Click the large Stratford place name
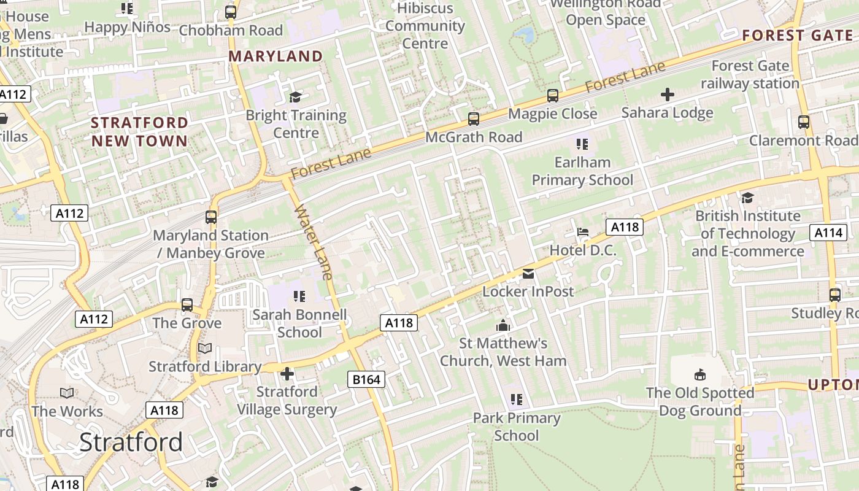[x=131, y=442]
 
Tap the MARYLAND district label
[x=275, y=56]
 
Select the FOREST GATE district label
[x=797, y=36]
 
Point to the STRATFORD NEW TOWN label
[x=139, y=131]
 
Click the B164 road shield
[x=367, y=380]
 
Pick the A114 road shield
[x=828, y=233]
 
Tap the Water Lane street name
[x=314, y=242]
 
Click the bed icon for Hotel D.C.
[x=583, y=232]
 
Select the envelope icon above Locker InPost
[x=528, y=274]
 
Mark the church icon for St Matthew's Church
[x=503, y=325]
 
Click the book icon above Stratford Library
[x=205, y=349]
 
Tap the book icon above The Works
[x=67, y=393]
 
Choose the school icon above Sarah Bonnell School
[x=299, y=297]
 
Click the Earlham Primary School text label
[x=582, y=171]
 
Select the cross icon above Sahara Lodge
[x=667, y=95]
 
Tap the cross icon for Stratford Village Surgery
[x=287, y=373]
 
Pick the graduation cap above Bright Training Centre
[x=296, y=97]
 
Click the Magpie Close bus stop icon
[x=552, y=96]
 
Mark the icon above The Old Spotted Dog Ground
[x=699, y=374]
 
